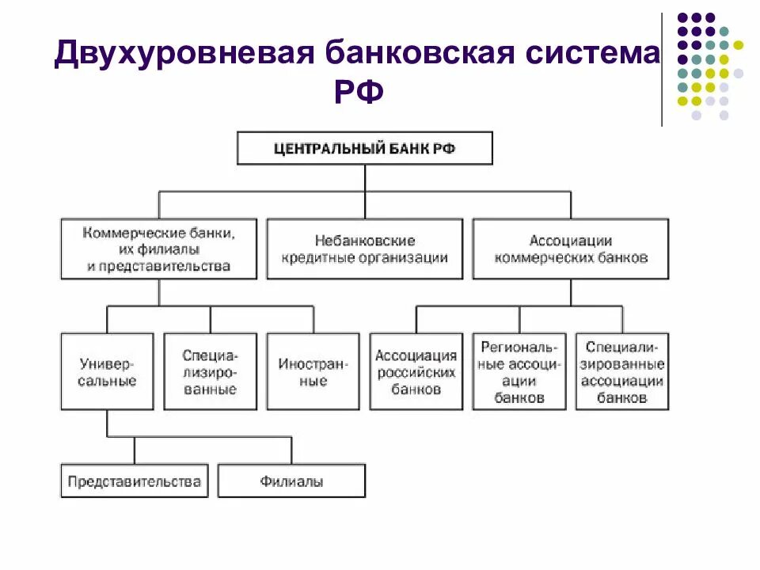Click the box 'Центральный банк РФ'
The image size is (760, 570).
365,148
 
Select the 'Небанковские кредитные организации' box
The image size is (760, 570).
365,249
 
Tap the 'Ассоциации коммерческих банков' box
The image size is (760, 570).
570,249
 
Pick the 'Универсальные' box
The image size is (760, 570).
108,371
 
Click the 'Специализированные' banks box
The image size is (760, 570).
211,371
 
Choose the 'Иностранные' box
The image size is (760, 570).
313,371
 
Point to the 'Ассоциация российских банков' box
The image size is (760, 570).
416,371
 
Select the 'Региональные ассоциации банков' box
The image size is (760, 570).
519,371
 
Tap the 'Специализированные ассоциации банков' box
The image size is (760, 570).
622,371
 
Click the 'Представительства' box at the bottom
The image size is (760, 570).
134,481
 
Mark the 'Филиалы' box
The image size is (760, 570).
291,481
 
